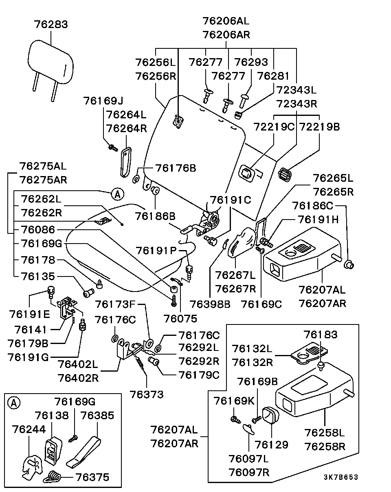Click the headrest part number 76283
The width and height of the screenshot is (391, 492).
pyautogui.click(x=51, y=24)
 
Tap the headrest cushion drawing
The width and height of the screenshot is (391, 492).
pyautogui.click(x=51, y=62)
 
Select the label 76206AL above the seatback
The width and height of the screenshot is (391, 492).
pyautogui.click(x=226, y=21)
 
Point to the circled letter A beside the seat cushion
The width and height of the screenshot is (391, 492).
pyautogui.click(x=118, y=194)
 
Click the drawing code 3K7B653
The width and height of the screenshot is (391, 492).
pyautogui.click(x=341, y=477)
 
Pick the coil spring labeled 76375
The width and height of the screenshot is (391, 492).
pyautogui.click(x=53, y=477)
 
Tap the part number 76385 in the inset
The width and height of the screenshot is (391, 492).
pyautogui.click(x=97, y=416)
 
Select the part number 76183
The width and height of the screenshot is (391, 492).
pyautogui.click(x=321, y=335)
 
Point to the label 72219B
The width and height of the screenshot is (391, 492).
pyautogui.click(x=320, y=126)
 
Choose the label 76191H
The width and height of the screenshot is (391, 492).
pyautogui.click(x=318, y=220)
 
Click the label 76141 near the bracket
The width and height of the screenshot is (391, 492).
pyautogui.click(x=31, y=330)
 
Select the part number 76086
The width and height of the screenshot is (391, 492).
pyautogui.click(x=38, y=230)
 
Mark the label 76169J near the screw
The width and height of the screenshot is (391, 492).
pyautogui.click(x=103, y=100)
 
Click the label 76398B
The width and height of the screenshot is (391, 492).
pyautogui.click(x=210, y=304)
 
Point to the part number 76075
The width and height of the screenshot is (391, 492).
pyautogui.click(x=180, y=318)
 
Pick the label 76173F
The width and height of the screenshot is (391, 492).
pyautogui.click(x=115, y=304)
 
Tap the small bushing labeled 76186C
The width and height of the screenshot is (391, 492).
pyautogui.click(x=349, y=265)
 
